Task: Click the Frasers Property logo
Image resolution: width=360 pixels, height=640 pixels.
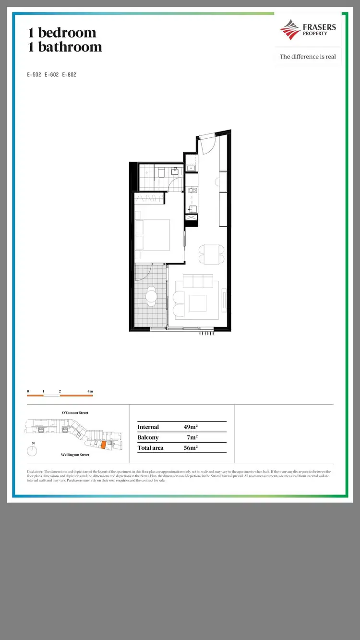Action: (x=308, y=30)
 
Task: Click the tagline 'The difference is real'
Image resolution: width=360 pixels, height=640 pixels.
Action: (x=308, y=57)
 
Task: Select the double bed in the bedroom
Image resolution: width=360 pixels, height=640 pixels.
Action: (x=153, y=235)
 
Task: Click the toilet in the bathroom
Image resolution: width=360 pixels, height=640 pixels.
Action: (x=162, y=172)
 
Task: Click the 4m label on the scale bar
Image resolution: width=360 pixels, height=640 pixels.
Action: (x=90, y=392)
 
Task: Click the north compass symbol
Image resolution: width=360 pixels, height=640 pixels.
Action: (x=33, y=451)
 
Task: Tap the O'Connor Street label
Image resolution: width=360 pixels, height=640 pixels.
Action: (x=75, y=413)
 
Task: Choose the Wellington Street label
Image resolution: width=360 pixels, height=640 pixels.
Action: (x=75, y=455)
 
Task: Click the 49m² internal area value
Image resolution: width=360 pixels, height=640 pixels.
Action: (x=191, y=427)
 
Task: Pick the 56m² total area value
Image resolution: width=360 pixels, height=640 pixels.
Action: (x=191, y=448)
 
